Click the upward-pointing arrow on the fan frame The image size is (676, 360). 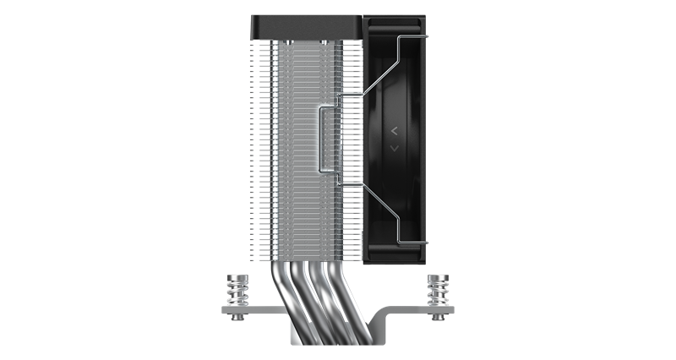(x=394, y=131)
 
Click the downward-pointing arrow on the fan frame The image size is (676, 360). (x=394, y=149)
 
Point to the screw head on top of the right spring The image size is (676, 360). (x=439, y=276)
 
